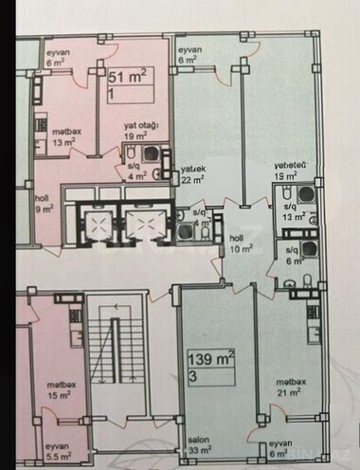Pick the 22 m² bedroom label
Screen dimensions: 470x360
194,175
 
